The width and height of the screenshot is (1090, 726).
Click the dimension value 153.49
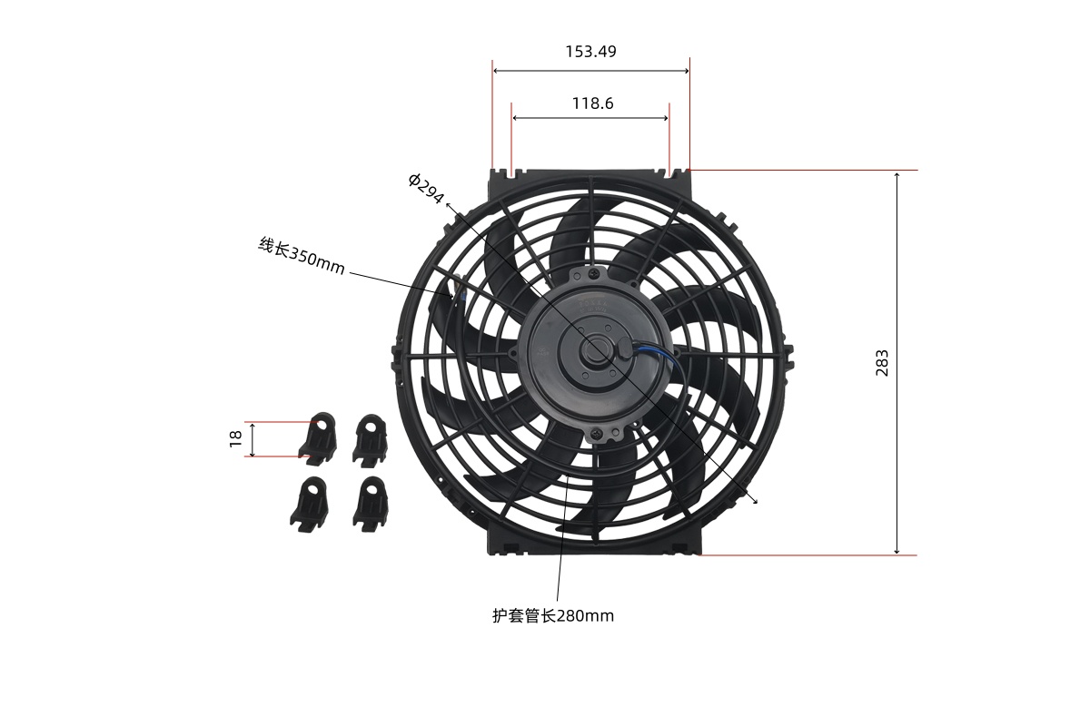[x=590, y=52]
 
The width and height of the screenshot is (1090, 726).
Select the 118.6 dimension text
[x=592, y=103]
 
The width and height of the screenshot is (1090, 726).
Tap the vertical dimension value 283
[x=882, y=363]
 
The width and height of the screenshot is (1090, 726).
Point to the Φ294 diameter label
[x=426, y=188]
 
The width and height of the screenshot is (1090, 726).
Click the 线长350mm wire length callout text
[x=302, y=256]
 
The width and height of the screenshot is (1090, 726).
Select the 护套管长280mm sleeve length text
[x=553, y=616]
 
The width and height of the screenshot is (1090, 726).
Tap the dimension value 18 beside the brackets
[x=235, y=438]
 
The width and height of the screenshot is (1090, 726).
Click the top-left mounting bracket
[x=318, y=439]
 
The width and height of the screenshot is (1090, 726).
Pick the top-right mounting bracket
[x=371, y=441]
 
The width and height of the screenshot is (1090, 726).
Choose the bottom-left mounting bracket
[x=310, y=505]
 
